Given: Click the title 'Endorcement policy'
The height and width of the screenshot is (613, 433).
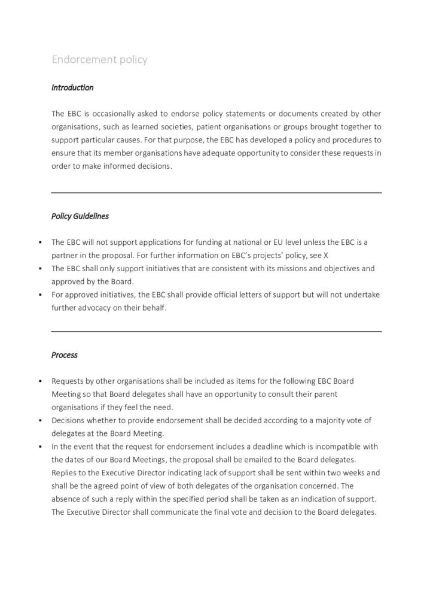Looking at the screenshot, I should tap(99, 60).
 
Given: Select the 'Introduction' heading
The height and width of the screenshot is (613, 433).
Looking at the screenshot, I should tap(72, 87).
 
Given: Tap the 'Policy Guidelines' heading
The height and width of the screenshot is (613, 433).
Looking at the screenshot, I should tap(80, 216).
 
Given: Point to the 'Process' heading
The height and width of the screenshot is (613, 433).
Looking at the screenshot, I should tap(65, 355).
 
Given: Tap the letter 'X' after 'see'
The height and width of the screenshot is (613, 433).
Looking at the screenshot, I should tap(326, 256).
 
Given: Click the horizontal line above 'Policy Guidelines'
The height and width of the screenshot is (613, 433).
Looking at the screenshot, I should tap(216, 193).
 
